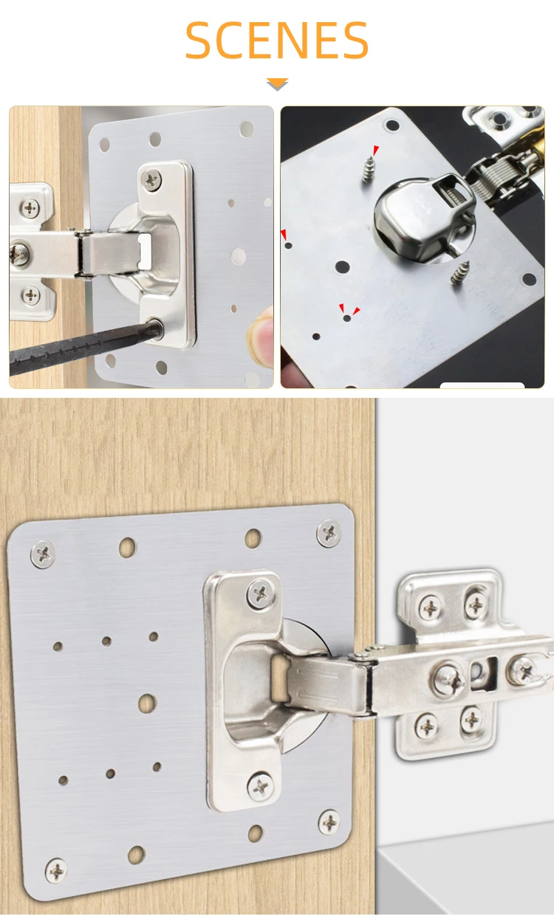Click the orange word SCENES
coord(276,41)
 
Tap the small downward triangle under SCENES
coord(277,85)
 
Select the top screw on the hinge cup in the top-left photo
coord(152,177)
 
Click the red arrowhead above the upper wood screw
coord(375,151)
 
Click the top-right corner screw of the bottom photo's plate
coord(329,532)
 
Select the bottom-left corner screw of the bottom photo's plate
coord(56,870)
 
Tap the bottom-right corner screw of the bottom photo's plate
coord(329,821)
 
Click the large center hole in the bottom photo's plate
coord(147,703)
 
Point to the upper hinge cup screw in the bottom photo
coord(259,593)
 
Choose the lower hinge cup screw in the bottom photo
coord(260,786)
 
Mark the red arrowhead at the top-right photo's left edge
coord(284,235)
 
